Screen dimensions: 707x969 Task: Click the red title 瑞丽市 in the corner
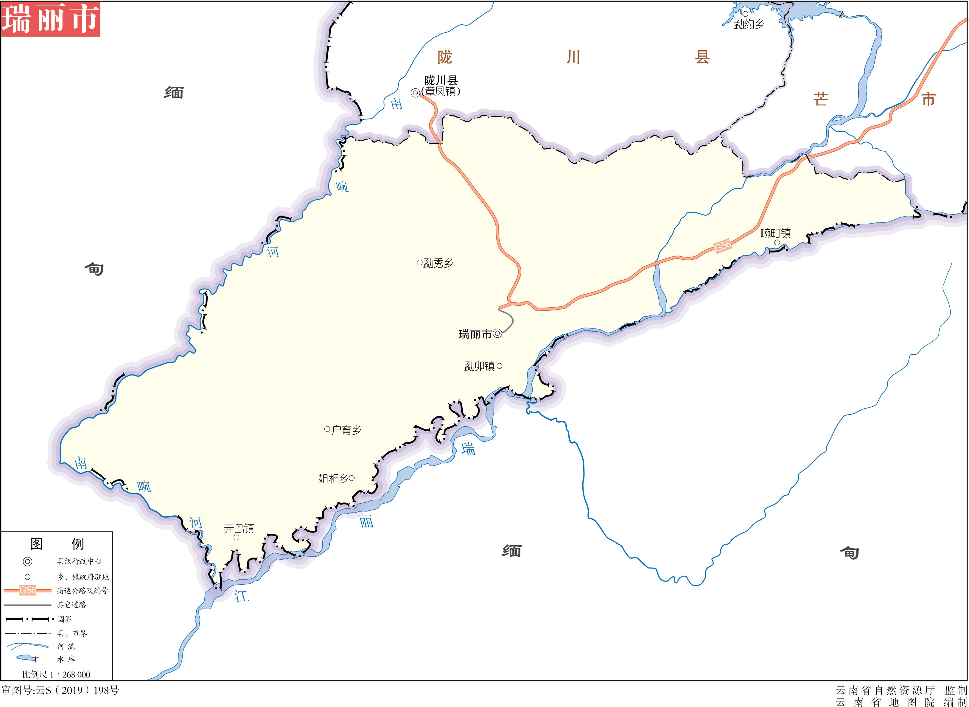tap(51, 19)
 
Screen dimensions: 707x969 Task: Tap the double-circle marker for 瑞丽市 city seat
tap(497, 333)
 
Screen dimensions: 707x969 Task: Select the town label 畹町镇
tap(776, 233)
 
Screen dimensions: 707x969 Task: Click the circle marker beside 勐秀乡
tap(419, 263)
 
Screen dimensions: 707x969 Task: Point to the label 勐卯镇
tap(479, 366)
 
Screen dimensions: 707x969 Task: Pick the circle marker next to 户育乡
tap(327, 429)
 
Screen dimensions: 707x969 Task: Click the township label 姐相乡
tap(333, 479)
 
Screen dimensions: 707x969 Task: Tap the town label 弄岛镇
tap(239, 529)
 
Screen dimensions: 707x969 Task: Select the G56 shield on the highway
tap(723, 247)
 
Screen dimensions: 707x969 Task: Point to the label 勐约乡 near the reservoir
tap(749, 24)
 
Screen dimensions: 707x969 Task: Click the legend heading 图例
tap(57, 544)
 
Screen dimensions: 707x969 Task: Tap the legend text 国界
tap(65, 619)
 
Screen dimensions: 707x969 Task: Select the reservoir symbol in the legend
tap(26, 658)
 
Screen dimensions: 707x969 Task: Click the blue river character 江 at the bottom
tap(242, 595)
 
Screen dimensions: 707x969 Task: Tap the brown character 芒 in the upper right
tap(820, 100)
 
